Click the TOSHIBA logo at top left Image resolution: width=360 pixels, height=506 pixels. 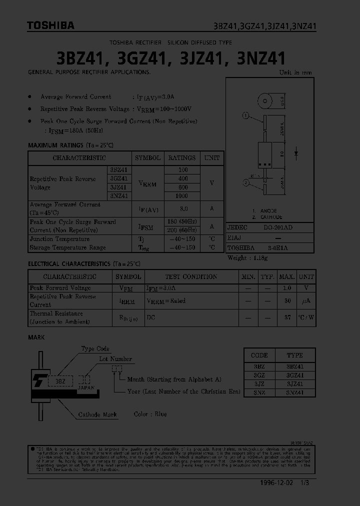pyautogui.click(x=50, y=25)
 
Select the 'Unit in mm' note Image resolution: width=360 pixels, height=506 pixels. pyautogui.click(x=295, y=72)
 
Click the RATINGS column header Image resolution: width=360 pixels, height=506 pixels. pyautogui.click(x=181, y=158)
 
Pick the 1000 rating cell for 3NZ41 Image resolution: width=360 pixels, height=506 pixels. pyautogui.click(x=181, y=196)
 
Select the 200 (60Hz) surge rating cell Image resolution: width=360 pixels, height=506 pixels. pyautogui.click(x=181, y=230)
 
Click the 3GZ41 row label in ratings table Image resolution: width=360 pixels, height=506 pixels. pyautogui.click(x=118, y=178)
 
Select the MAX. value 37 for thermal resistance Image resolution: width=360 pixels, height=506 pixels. pyautogui.click(x=287, y=317)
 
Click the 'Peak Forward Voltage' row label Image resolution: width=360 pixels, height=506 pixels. pyautogui.click(x=60, y=288)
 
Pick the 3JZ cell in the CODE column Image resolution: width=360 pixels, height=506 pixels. pyautogui.click(x=259, y=384)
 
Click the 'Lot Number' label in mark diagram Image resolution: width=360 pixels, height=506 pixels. pyautogui.click(x=115, y=359)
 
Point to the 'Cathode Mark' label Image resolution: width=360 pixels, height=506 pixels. pyautogui.click(x=97, y=414)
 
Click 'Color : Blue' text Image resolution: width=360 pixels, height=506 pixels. pyautogui.click(x=150, y=414)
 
